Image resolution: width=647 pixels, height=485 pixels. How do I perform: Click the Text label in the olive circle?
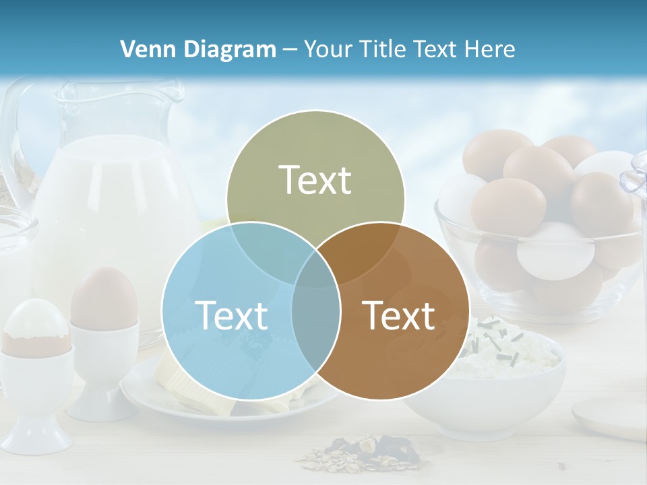tap(315, 181)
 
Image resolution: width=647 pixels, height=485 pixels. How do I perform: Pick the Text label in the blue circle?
tap(231, 315)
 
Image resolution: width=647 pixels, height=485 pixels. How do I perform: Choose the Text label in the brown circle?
tap(399, 315)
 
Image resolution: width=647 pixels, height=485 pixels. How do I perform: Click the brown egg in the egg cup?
tap(104, 296)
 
